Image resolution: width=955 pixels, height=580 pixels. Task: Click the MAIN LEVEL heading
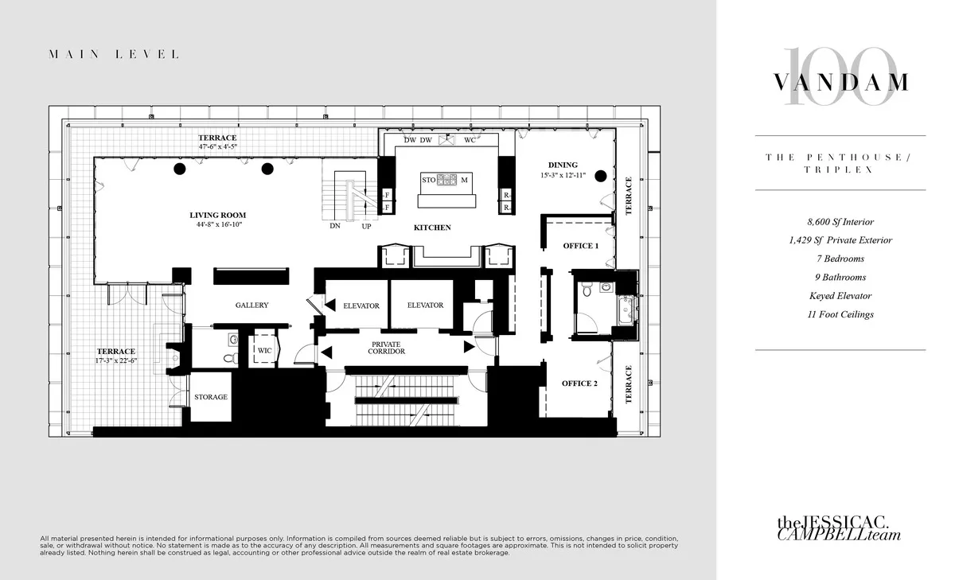tap(114, 55)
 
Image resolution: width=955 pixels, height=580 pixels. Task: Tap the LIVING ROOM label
tap(217, 215)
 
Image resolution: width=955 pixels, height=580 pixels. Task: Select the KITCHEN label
tap(432, 228)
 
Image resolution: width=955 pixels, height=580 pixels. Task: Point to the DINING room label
tap(562, 165)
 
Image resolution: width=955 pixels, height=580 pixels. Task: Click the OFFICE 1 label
tap(580, 246)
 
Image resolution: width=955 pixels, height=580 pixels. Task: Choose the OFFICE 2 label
tap(579, 383)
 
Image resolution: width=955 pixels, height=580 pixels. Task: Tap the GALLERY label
tap(251, 305)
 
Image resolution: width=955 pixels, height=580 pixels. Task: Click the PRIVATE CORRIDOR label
tap(387, 347)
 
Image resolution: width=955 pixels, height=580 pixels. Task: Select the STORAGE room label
tap(211, 396)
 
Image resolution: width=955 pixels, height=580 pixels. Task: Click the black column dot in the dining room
tap(602, 177)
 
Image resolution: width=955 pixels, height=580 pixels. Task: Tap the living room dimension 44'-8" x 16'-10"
tap(217, 224)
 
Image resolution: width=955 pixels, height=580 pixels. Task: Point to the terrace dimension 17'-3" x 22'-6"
tap(116, 360)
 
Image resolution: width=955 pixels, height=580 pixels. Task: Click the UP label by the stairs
tap(366, 226)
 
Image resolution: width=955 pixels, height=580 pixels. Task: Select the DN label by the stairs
tap(335, 226)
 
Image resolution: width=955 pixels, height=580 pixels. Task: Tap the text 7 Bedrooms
tap(840, 259)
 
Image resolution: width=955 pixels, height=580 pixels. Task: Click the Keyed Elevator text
tap(840, 296)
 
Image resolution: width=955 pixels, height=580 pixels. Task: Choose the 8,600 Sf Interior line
tap(840, 222)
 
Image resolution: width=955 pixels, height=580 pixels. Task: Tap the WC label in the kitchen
tap(470, 141)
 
